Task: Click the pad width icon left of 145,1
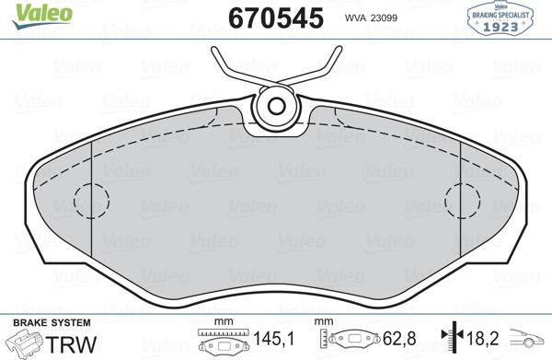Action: pos(222,342)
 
